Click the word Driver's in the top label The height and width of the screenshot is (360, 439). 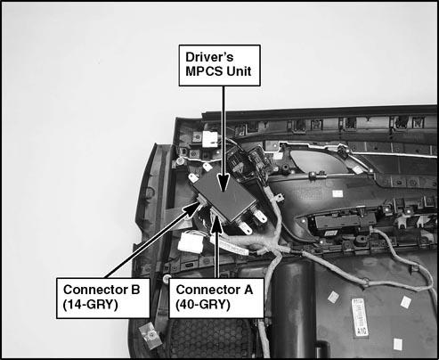coord(209,57)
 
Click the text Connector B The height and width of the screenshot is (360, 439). coord(102,290)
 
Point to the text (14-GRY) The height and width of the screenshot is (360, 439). coord(91,305)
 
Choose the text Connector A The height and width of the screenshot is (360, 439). coord(215,290)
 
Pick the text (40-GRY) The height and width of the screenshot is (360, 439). coord(203,305)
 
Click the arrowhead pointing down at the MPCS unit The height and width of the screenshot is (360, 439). coord(224,182)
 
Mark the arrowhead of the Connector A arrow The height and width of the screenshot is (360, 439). coord(217,225)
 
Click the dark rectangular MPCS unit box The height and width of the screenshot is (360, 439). coord(224,196)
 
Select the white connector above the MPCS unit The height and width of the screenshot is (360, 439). coord(210,138)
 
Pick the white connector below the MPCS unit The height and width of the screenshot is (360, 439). coord(191,242)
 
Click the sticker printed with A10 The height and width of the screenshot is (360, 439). coord(360,317)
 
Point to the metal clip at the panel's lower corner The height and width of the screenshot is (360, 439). coord(150,336)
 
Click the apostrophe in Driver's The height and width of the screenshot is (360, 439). coord(223,53)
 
